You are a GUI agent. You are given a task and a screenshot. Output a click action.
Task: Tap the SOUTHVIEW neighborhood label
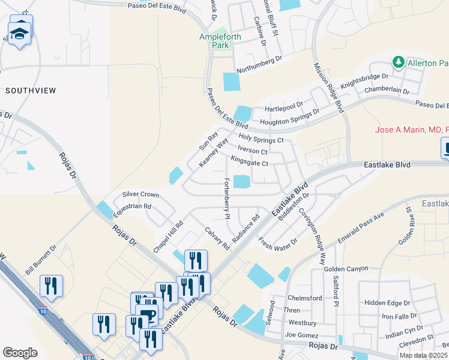tap(31, 91)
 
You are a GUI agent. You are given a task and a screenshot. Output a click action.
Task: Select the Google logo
tap(20, 353)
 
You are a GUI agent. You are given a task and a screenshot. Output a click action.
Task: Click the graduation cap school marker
tap(20, 34)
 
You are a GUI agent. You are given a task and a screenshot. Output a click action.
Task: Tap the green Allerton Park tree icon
tap(397, 62)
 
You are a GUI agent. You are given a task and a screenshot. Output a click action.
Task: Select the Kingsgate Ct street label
tap(249, 163)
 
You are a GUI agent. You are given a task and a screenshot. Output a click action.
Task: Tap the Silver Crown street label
tap(140, 195)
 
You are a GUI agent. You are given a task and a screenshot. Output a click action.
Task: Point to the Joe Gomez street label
tap(300, 334)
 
